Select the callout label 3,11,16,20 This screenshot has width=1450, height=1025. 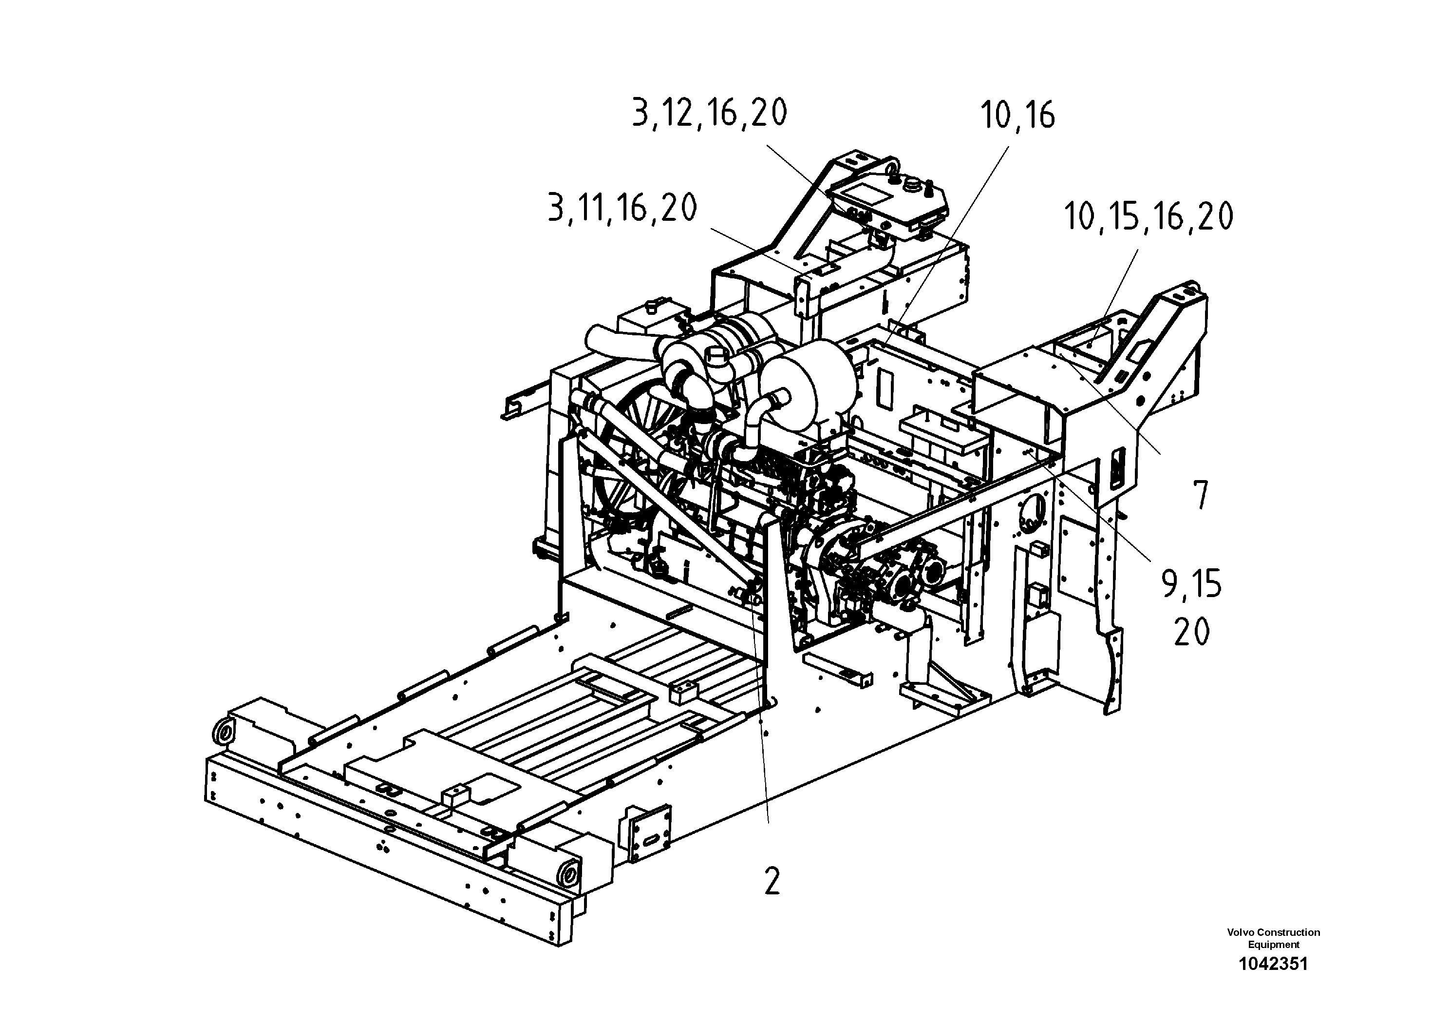click(622, 208)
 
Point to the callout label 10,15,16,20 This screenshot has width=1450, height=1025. click(1148, 217)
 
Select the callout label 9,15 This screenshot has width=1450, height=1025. click(1191, 584)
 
